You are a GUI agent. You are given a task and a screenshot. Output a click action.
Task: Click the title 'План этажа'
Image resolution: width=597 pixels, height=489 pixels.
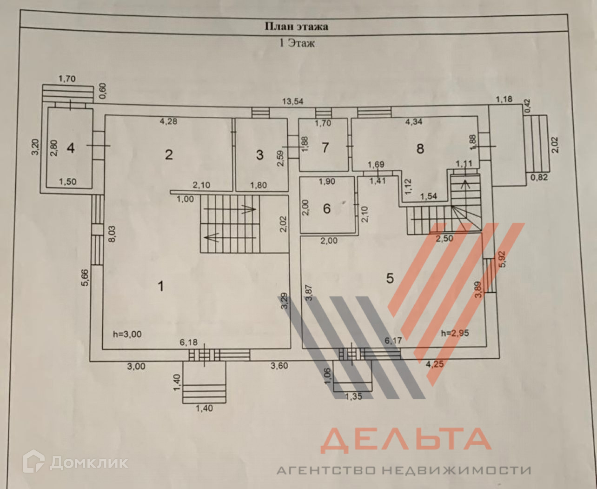click(296, 27)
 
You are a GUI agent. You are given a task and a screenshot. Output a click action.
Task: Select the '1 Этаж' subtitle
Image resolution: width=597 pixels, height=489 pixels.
click(297, 43)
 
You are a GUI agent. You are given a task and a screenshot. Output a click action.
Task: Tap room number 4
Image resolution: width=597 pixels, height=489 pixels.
click(71, 148)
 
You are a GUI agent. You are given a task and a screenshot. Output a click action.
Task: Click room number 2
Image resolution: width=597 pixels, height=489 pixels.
click(169, 154)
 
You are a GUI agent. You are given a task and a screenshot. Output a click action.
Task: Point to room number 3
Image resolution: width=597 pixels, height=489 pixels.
click(259, 155)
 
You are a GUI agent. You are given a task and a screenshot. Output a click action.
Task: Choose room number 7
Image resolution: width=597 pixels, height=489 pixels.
click(325, 147)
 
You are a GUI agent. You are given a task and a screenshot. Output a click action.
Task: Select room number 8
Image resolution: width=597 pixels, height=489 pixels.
click(420, 148)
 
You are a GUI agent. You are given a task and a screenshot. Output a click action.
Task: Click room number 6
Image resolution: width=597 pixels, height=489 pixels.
click(327, 208)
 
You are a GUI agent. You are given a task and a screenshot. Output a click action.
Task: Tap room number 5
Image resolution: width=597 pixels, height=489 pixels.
click(390, 278)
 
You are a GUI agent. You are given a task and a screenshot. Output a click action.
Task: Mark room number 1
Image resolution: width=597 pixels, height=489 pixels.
click(161, 286)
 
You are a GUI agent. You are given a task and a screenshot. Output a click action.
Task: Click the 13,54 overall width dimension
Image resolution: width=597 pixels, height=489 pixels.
click(293, 101)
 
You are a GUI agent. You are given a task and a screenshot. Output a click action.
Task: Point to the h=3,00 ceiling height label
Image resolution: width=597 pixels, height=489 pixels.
click(127, 334)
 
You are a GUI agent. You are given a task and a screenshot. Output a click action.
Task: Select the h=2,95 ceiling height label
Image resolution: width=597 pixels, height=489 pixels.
click(455, 333)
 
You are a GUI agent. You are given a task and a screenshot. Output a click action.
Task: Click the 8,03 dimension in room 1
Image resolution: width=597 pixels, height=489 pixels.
click(112, 234)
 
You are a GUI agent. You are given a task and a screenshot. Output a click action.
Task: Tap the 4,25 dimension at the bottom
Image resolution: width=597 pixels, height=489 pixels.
click(435, 364)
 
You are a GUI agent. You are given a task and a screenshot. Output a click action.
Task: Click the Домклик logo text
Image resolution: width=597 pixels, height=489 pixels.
click(89, 462)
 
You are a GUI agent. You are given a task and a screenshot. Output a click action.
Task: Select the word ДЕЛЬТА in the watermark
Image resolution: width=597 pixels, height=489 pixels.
click(405, 441)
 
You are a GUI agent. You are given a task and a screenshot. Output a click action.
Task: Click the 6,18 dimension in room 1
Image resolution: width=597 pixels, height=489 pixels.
click(188, 342)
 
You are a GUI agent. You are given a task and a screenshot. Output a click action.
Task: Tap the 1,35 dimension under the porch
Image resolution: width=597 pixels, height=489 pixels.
click(353, 396)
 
